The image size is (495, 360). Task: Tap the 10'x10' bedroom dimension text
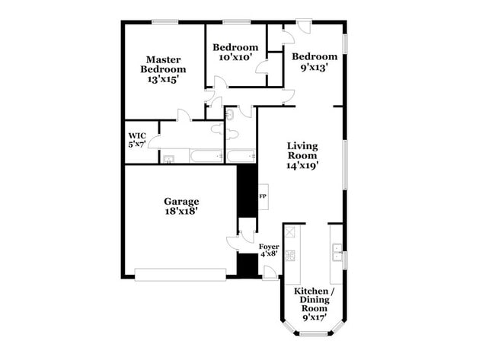tap(236, 57)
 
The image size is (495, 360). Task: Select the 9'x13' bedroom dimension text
tap(314, 67)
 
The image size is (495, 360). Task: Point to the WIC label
tap(136, 139)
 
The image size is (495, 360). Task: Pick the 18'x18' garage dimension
tap(181, 212)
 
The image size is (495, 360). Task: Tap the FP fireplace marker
tap(263, 197)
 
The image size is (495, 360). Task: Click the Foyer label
tap(269, 247)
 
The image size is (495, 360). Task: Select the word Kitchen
tap(311, 292)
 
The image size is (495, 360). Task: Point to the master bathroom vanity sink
tap(168, 158)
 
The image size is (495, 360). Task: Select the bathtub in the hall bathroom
tap(239, 157)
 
